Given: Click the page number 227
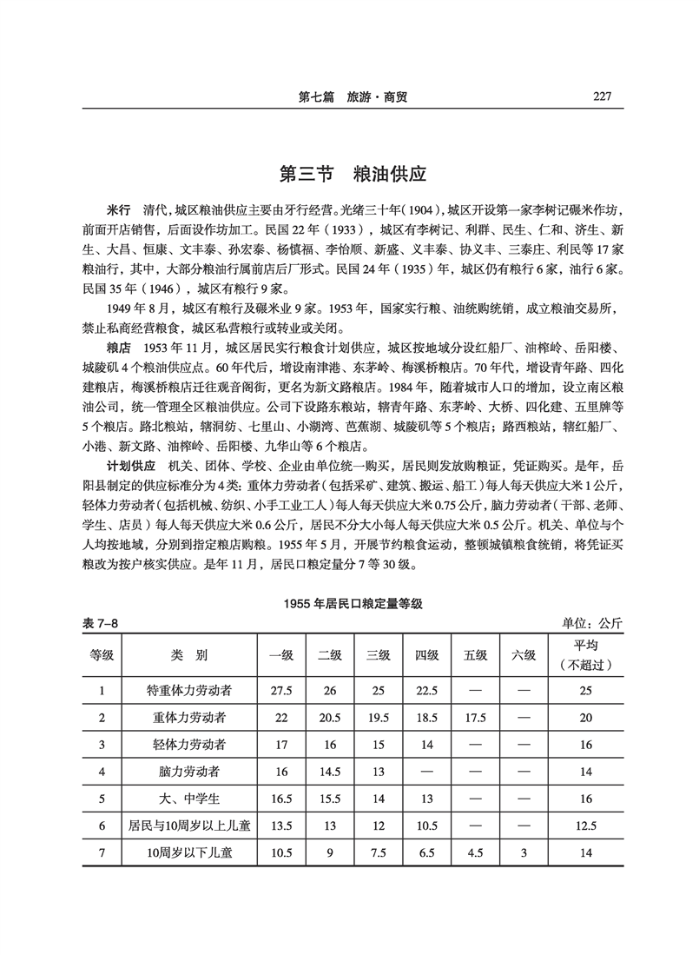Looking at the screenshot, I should (600, 96).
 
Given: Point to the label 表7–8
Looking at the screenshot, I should (100, 623).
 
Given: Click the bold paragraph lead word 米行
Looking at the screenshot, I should (118, 212).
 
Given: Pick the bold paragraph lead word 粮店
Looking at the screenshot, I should (118, 348).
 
